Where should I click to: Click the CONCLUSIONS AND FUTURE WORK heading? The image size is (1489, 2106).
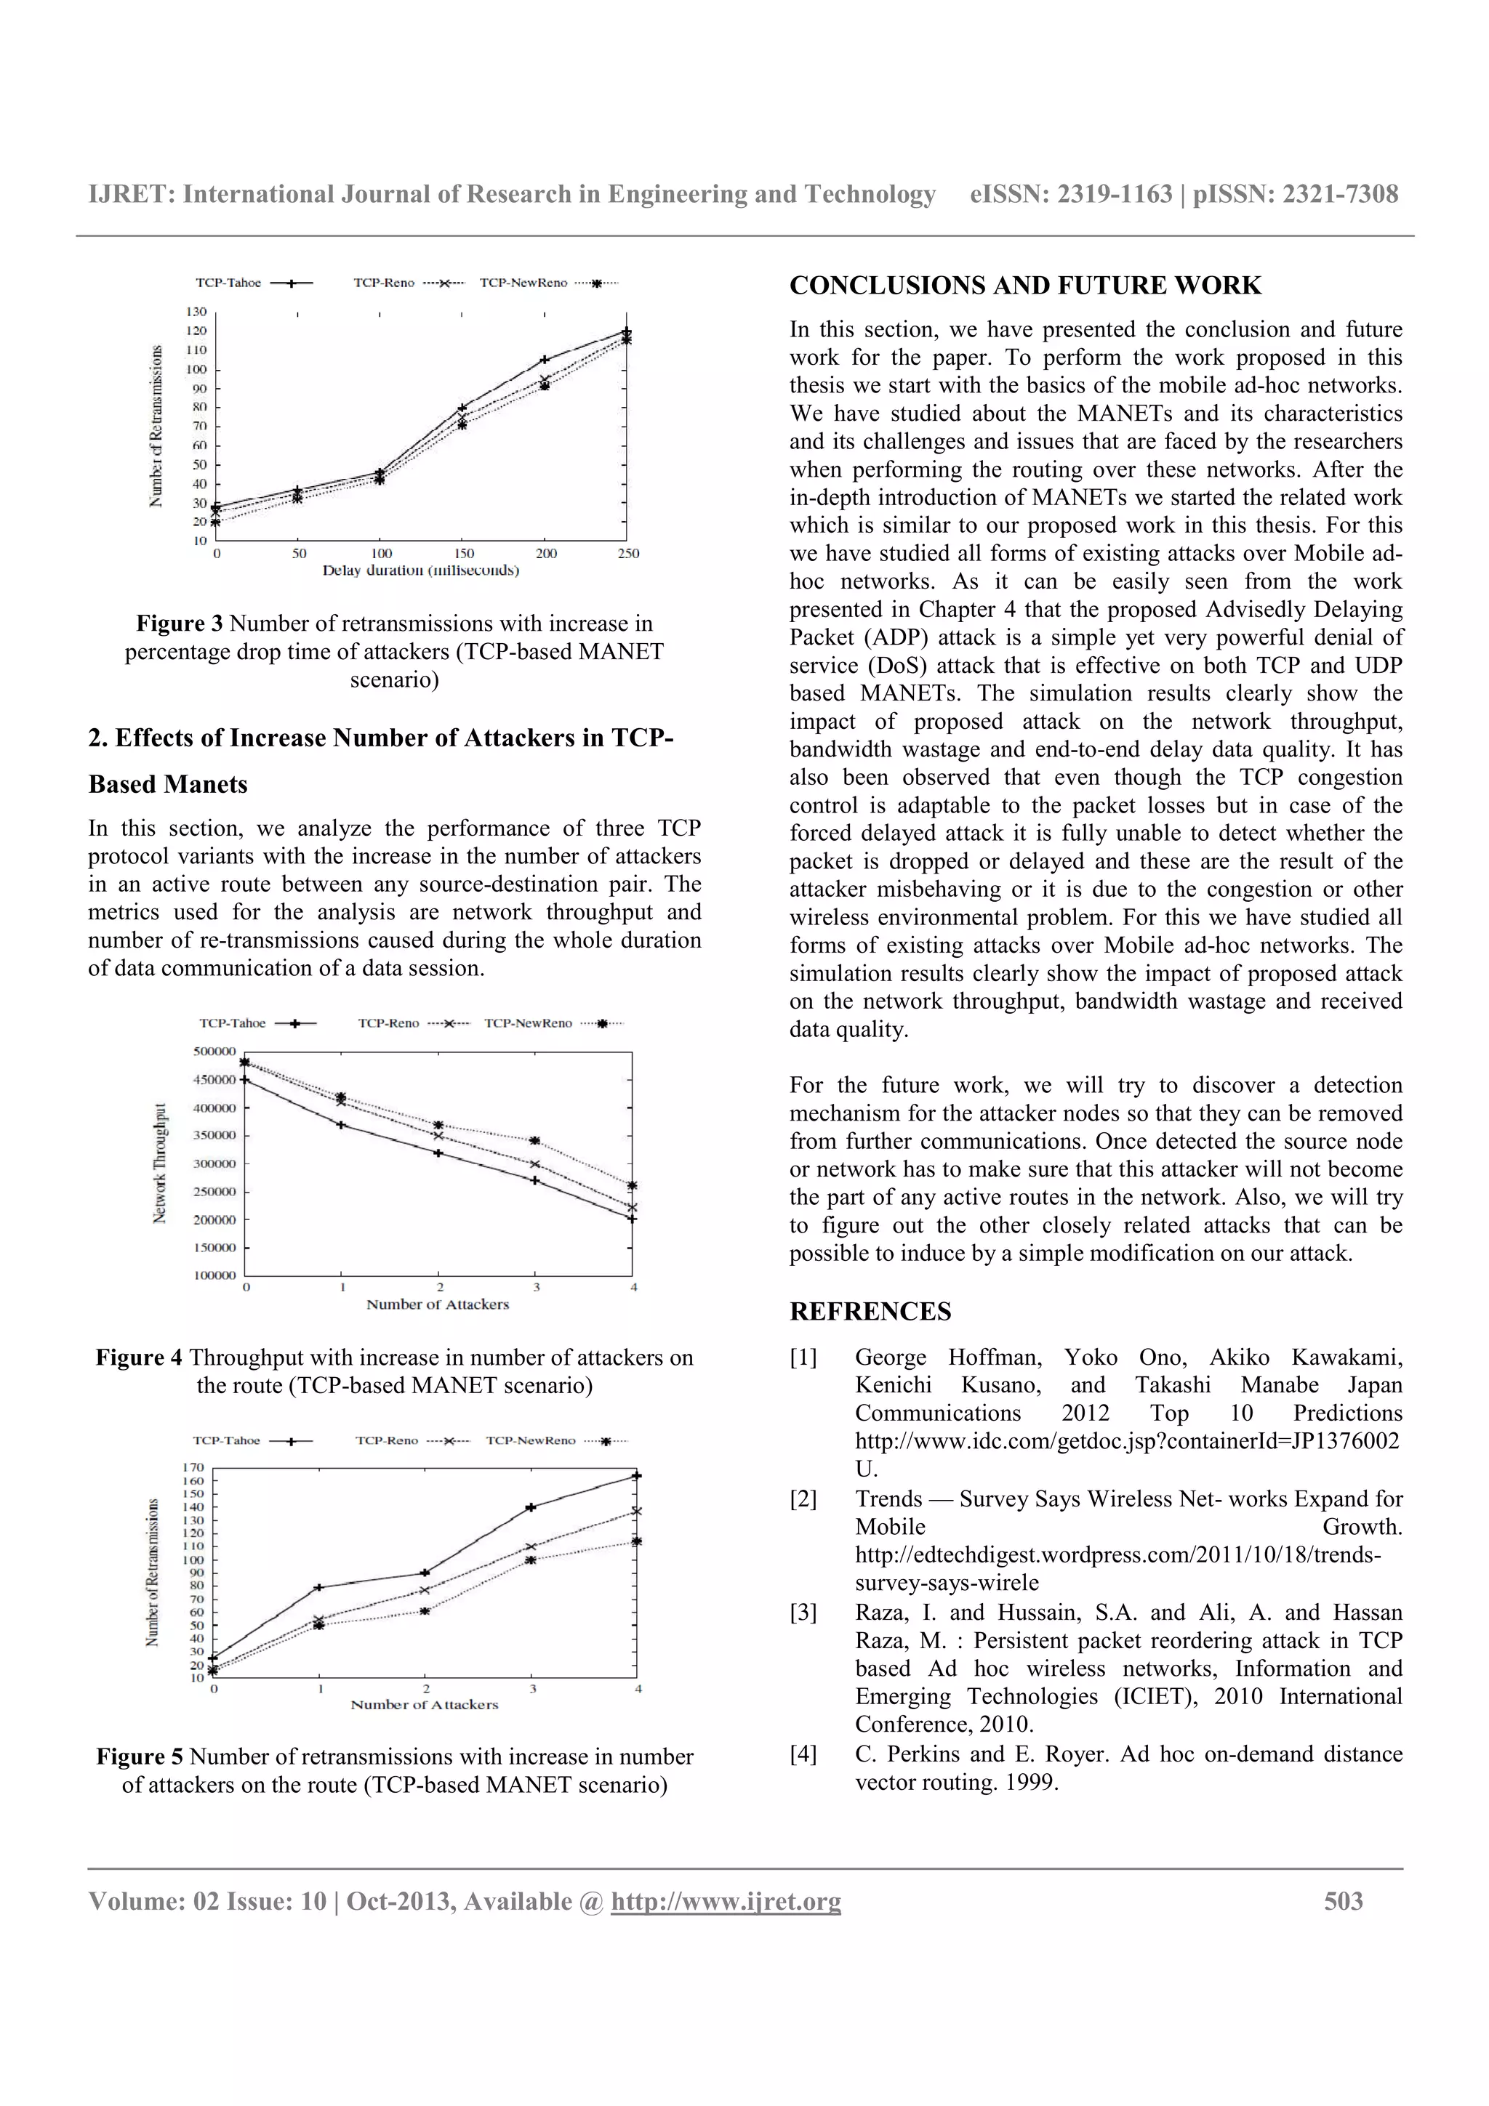[x=1024, y=286]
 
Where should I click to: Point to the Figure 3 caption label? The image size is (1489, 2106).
[x=179, y=624]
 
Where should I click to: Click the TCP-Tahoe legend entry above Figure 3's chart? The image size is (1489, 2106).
[x=228, y=283]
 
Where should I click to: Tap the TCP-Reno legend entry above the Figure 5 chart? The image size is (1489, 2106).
[x=388, y=1440]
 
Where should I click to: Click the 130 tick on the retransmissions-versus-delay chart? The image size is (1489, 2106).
[x=196, y=312]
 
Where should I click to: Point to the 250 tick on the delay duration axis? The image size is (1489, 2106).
[x=628, y=554]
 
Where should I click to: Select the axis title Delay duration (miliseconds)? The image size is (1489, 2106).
[x=420, y=570]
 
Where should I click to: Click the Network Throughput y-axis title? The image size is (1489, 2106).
[x=161, y=1162]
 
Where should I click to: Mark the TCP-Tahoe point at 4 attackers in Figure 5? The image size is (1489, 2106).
[x=637, y=1476]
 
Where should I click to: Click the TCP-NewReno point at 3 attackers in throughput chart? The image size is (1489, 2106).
[x=536, y=1141]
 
